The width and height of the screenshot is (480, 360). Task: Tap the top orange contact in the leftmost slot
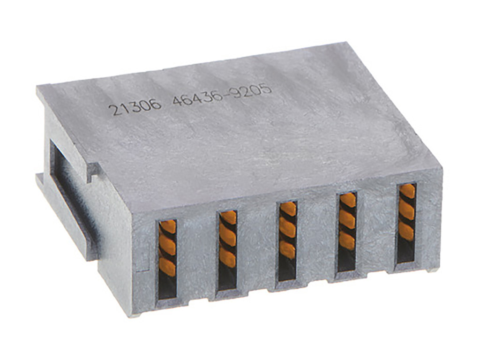click(x=168, y=227)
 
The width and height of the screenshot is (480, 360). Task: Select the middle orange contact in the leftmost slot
click(x=167, y=245)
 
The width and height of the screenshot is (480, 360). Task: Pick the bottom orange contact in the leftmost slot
click(x=167, y=266)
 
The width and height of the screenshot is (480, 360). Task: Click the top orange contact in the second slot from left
click(x=228, y=217)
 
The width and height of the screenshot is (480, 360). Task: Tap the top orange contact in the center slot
click(x=288, y=209)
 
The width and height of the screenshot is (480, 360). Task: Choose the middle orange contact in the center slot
click(x=288, y=227)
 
